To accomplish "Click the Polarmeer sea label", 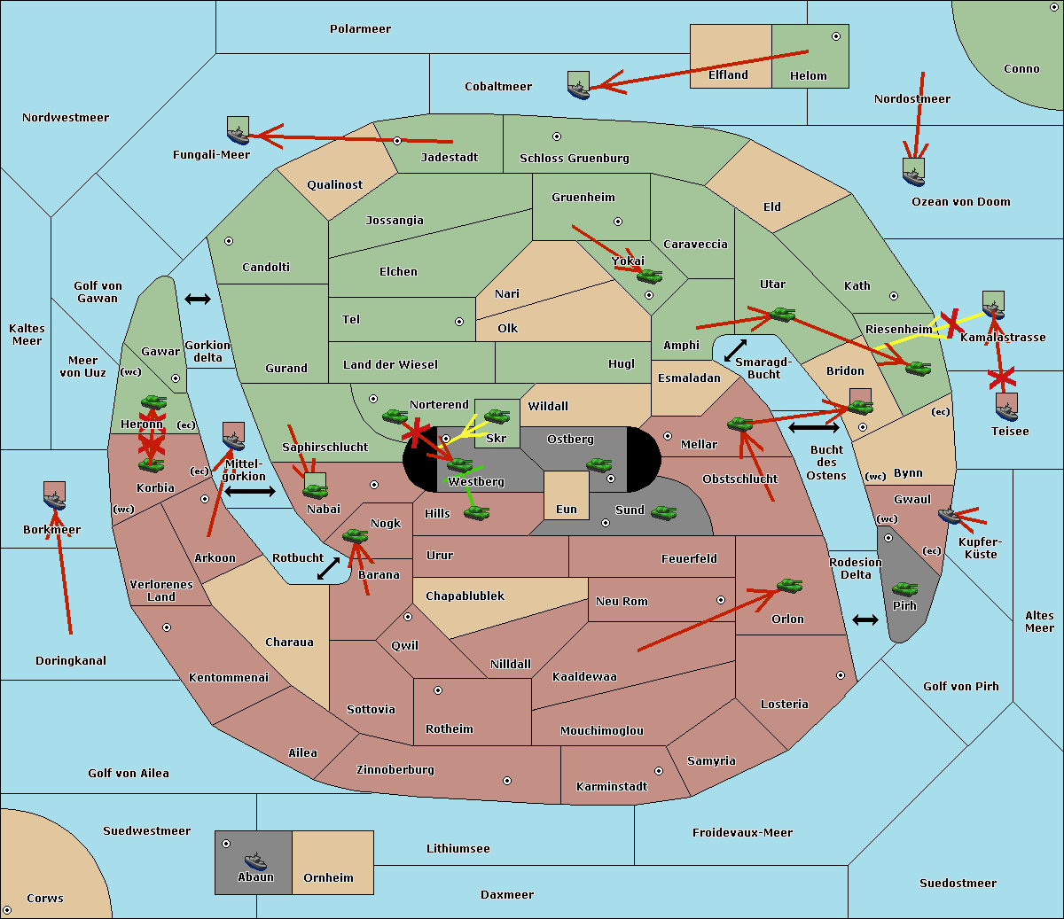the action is coord(360,29).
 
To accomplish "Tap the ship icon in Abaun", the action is coord(255,861).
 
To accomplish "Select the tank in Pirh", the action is coord(904,588).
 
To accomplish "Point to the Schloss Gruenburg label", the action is coord(575,158).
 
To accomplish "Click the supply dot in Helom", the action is coord(836,36).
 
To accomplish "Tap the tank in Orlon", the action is coord(790,586).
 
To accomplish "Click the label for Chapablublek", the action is coord(465,596).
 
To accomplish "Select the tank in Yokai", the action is coord(649,276).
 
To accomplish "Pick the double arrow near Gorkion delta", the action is coord(198,299).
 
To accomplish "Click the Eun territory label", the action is coord(567,509).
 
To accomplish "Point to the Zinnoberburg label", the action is coord(395,769).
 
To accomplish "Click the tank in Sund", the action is coord(663,512).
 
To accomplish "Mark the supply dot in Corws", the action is coord(7,909).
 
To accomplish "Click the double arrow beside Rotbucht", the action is coord(328,568).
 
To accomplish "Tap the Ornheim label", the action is coord(328,877).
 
